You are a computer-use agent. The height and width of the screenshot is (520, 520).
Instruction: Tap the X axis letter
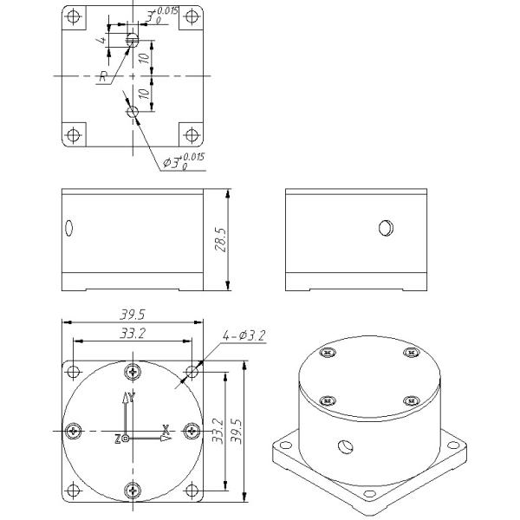166,429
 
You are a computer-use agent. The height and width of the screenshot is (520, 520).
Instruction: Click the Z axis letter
117,439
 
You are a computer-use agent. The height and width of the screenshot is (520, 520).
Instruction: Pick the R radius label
104,77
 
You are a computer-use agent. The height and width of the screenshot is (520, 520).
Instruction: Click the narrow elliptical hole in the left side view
69,228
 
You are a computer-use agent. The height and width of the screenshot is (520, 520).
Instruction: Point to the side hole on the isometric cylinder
346,447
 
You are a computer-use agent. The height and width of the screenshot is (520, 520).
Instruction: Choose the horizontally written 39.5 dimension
132,315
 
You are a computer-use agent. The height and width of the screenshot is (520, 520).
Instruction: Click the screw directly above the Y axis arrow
132,373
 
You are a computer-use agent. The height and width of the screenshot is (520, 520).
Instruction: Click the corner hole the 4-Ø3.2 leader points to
192,372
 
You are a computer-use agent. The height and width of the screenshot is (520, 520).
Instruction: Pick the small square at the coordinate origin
127,439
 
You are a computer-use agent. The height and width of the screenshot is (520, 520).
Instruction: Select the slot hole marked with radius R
132,39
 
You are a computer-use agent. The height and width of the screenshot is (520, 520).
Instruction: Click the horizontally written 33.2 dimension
132,333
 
